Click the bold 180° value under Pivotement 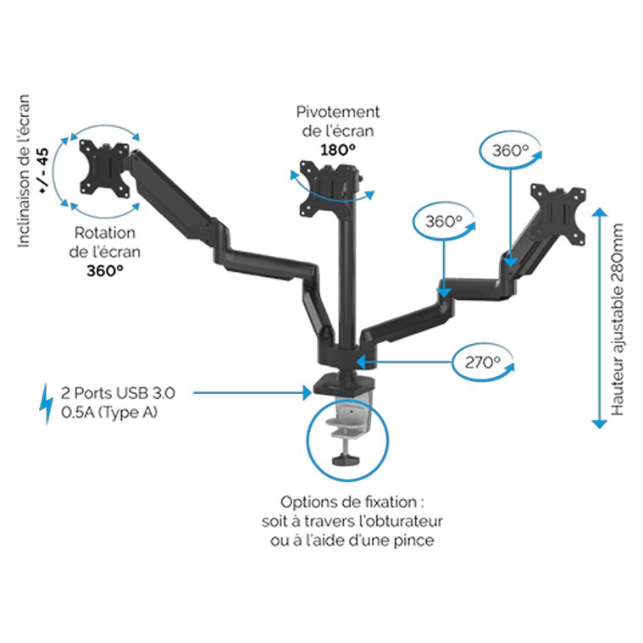[x=338, y=149]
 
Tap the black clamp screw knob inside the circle [x=343, y=459]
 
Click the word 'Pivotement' [x=338, y=112]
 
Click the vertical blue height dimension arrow [x=599, y=319]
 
